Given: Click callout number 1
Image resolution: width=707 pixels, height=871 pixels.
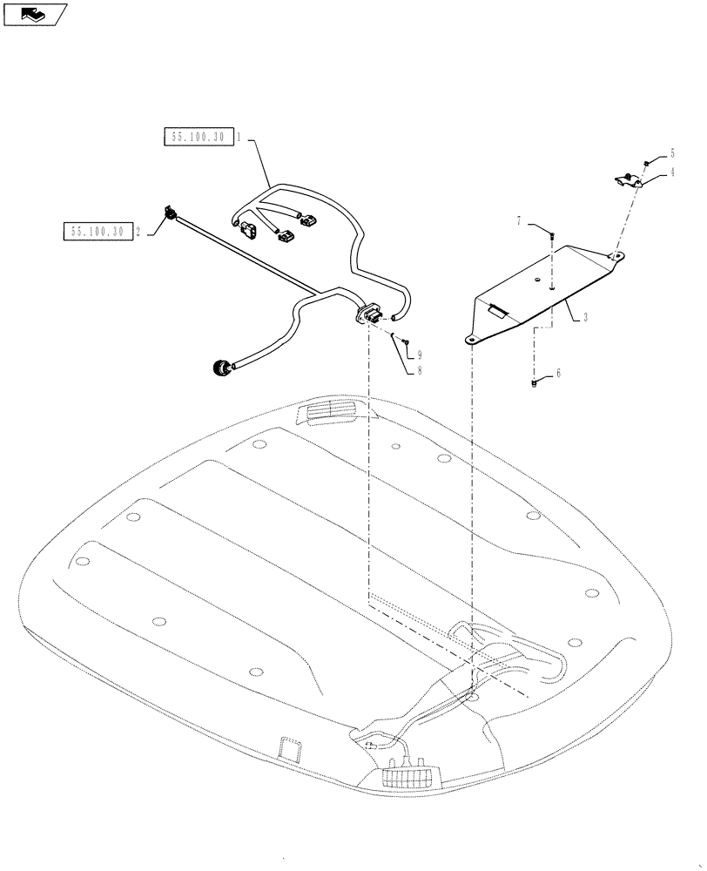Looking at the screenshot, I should pyautogui.click(x=239, y=138).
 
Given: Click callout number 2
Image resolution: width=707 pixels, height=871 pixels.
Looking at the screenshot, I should pyautogui.click(x=137, y=231).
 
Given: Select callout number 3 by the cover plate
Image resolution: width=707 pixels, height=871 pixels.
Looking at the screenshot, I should pyautogui.click(x=586, y=319).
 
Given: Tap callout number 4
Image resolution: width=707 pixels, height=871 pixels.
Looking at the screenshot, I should pyautogui.click(x=672, y=172).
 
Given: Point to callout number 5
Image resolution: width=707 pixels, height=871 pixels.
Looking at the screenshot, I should pyautogui.click(x=672, y=152).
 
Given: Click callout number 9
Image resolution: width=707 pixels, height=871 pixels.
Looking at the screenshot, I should pyautogui.click(x=419, y=354).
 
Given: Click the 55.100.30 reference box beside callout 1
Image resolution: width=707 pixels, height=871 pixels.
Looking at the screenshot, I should pyautogui.click(x=198, y=138).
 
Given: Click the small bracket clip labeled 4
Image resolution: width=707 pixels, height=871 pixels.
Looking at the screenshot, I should pyautogui.click(x=626, y=180).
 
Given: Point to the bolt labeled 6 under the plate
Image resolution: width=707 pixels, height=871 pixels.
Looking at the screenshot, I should pyautogui.click(x=533, y=381).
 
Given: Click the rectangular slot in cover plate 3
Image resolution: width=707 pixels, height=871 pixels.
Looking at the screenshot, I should pyautogui.click(x=499, y=307).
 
